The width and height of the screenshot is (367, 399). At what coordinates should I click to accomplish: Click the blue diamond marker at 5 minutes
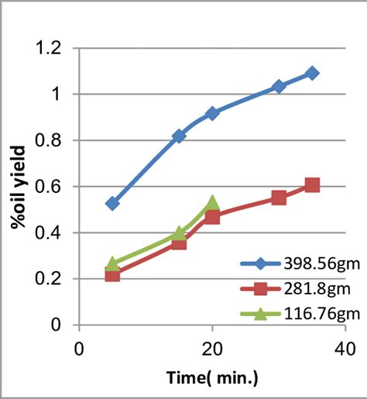(x=112, y=203)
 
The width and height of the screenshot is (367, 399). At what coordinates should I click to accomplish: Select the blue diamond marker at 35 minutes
(x=312, y=73)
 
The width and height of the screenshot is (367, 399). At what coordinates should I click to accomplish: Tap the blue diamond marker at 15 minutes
(x=179, y=136)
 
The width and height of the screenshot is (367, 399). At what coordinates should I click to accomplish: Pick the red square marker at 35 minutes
(x=312, y=185)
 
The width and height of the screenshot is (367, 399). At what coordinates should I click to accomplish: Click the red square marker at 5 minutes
(x=112, y=274)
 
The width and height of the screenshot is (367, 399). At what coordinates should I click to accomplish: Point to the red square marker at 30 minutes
(x=279, y=198)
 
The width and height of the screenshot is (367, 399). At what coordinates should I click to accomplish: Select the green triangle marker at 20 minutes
(x=212, y=204)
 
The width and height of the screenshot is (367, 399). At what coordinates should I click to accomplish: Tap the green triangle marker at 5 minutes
(x=112, y=264)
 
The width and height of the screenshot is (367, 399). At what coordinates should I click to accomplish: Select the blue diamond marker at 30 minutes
(x=279, y=86)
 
